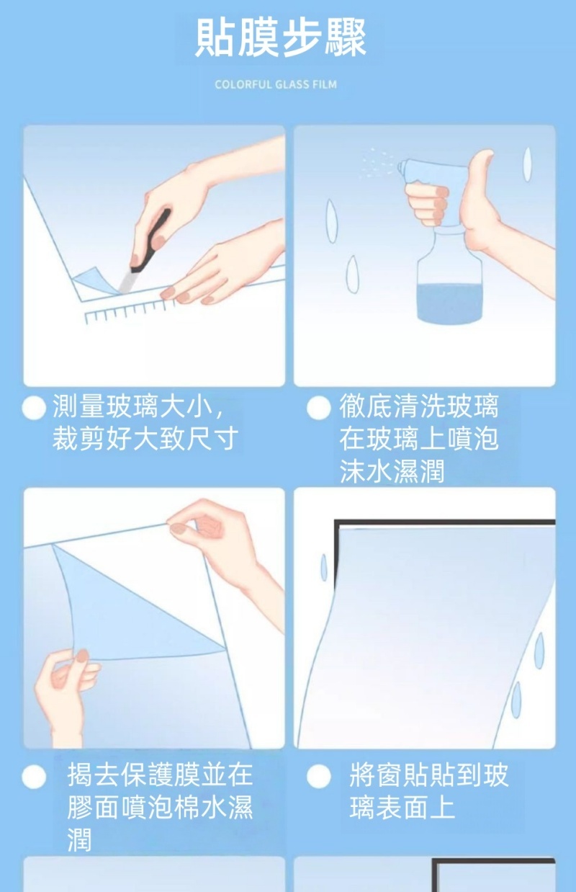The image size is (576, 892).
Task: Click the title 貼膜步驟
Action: click(x=280, y=38)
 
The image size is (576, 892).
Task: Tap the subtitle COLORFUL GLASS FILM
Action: click(x=276, y=84)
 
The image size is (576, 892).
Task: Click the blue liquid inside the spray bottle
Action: click(x=449, y=303)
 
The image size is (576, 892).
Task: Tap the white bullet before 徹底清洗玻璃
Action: click(x=319, y=408)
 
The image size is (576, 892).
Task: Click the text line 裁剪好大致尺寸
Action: click(x=145, y=438)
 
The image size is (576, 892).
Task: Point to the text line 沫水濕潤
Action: click(x=392, y=470)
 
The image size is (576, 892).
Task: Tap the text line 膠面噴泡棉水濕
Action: click(x=160, y=808)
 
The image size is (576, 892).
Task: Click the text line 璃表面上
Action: click(x=402, y=808)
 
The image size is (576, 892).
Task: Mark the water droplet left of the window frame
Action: click(x=324, y=567)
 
